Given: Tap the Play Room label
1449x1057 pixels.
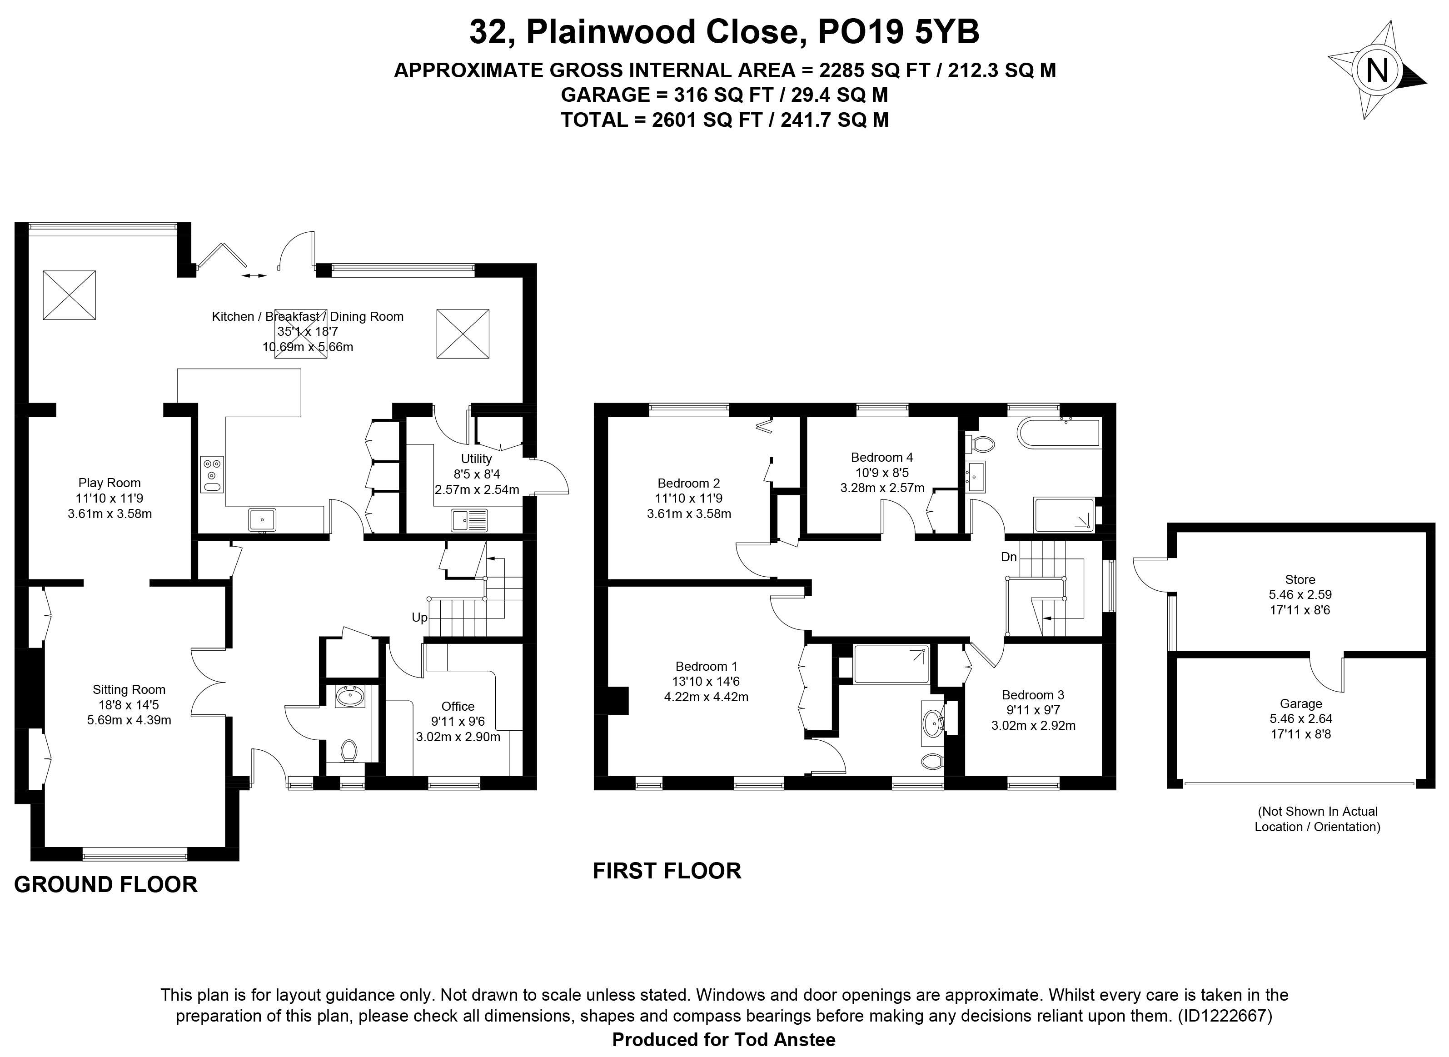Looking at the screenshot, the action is click(x=110, y=483).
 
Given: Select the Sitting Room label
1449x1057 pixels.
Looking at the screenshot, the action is click(x=129, y=690).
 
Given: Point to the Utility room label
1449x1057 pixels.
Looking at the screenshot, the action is click(x=477, y=459).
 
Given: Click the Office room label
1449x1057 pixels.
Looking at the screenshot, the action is click(x=458, y=706).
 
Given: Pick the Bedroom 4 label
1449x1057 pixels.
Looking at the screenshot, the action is click(x=882, y=458).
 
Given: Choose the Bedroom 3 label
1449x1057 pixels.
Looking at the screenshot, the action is click(x=1033, y=695).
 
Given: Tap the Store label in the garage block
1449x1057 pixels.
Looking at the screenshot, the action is click(x=1300, y=580).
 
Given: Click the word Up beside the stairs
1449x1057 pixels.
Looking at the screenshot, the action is click(x=420, y=618).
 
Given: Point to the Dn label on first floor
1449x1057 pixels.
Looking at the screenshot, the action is click(x=1009, y=557).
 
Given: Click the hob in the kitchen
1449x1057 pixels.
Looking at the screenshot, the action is click(x=212, y=474).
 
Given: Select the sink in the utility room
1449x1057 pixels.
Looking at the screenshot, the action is click(x=469, y=520).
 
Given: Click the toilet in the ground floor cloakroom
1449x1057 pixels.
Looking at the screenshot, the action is click(x=349, y=749).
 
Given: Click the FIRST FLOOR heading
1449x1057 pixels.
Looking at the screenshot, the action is click(x=667, y=871).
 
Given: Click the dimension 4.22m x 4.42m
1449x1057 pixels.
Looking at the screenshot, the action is click(x=706, y=698).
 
